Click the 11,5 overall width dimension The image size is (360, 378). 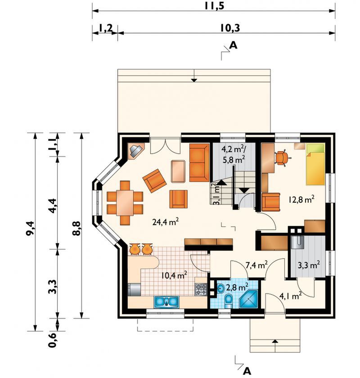(x=214, y=5)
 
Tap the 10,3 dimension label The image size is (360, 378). (x=230, y=28)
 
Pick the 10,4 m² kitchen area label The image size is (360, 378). (x=174, y=274)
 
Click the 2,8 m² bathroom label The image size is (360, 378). (x=237, y=287)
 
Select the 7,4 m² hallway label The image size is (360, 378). (x=256, y=265)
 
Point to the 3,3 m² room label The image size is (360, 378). (x=309, y=265)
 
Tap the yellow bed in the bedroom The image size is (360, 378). (x=315, y=164)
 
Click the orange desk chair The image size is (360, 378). (x=281, y=158)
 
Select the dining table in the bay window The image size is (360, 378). (x=125, y=203)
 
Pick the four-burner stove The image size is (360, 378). (x=201, y=289)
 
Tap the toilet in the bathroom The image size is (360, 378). (x=228, y=301)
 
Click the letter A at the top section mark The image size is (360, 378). (x=233, y=45)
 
